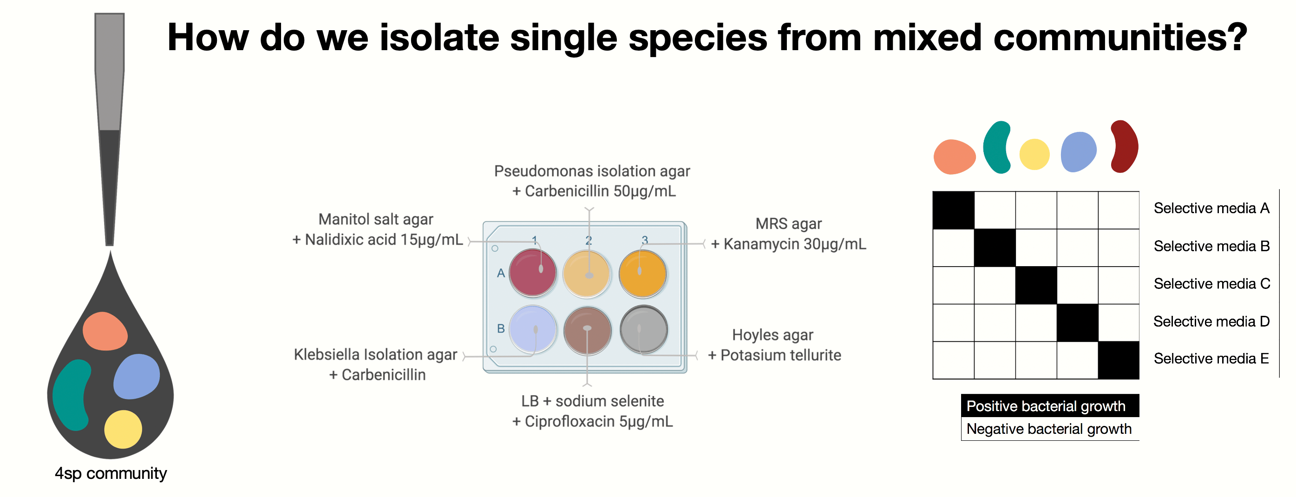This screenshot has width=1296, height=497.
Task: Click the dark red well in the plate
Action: click(x=532, y=272)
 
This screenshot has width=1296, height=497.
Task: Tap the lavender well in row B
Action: click(x=532, y=329)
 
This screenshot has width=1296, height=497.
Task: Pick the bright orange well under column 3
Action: click(x=642, y=274)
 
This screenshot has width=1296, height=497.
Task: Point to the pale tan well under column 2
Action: click(x=586, y=274)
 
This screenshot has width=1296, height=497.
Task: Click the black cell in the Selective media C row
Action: click(x=1036, y=285)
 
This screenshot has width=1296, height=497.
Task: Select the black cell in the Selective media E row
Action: click(x=1119, y=360)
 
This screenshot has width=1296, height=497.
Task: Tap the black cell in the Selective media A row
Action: click(x=953, y=210)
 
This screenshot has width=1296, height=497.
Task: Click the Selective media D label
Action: click(x=1211, y=321)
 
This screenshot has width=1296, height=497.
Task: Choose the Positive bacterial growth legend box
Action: click(x=1050, y=405)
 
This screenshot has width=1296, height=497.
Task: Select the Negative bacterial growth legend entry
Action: click(x=1050, y=429)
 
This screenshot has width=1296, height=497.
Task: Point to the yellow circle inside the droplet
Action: click(x=123, y=429)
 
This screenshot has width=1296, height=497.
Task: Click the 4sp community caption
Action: click(x=111, y=473)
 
